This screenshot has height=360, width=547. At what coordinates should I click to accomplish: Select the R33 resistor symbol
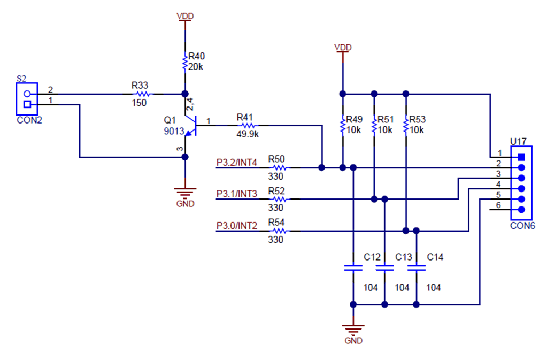142,94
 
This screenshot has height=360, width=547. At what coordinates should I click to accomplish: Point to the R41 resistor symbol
246,126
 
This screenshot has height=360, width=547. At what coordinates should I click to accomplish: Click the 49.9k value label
248,134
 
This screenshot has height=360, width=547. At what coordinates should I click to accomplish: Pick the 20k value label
196,67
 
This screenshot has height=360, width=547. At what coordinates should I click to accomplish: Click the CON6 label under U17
522,226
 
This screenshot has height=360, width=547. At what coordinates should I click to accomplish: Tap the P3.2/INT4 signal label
237,162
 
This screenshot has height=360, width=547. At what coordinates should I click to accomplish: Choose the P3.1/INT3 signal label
237,194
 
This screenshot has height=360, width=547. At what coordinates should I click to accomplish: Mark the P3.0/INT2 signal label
237,226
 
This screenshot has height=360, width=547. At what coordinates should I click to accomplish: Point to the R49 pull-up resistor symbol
342,126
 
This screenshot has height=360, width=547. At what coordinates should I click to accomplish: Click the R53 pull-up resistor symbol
406,126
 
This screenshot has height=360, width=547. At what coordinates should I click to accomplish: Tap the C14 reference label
435,257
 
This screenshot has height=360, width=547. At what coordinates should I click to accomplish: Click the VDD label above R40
185,16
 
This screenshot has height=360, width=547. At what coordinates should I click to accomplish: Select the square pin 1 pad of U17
521,157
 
